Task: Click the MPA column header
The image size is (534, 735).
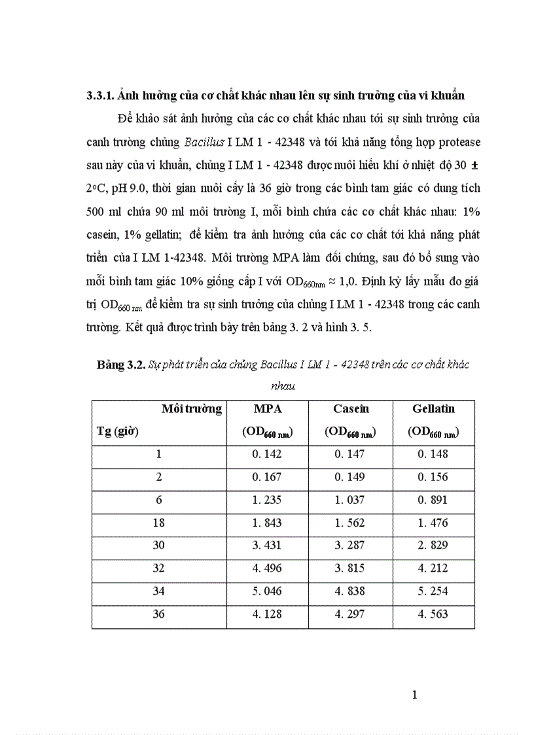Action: (x=268, y=409)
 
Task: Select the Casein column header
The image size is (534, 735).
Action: (x=351, y=409)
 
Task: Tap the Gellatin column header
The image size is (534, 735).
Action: (x=433, y=409)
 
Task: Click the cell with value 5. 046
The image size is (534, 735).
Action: (x=268, y=592)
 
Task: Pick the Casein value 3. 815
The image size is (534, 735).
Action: (x=351, y=569)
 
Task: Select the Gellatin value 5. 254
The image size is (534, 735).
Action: (x=433, y=592)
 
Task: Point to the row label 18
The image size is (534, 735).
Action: (x=158, y=523)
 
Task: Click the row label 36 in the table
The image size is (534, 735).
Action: (x=158, y=615)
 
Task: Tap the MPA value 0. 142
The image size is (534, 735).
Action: (x=268, y=454)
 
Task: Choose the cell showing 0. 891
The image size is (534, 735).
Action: (x=433, y=500)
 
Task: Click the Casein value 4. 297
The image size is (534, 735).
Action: (x=351, y=615)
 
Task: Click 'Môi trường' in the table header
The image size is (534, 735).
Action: (x=191, y=409)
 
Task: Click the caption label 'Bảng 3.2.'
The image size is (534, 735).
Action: (x=122, y=365)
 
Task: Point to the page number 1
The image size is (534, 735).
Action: (x=414, y=694)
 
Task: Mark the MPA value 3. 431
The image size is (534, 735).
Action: (x=268, y=546)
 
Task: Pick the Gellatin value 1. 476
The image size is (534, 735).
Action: (x=433, y=523)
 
